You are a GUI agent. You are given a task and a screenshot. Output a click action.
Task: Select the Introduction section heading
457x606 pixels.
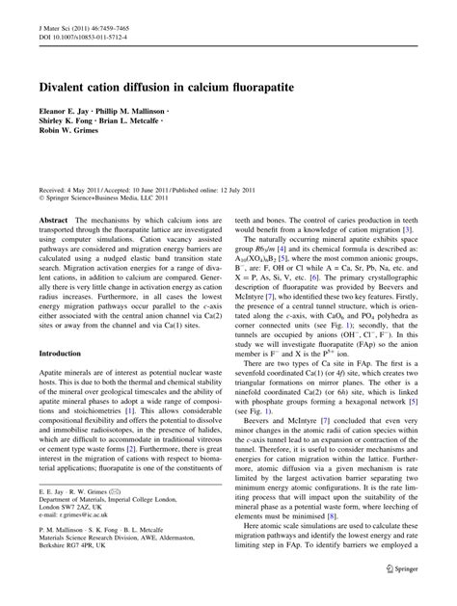(65, 354)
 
